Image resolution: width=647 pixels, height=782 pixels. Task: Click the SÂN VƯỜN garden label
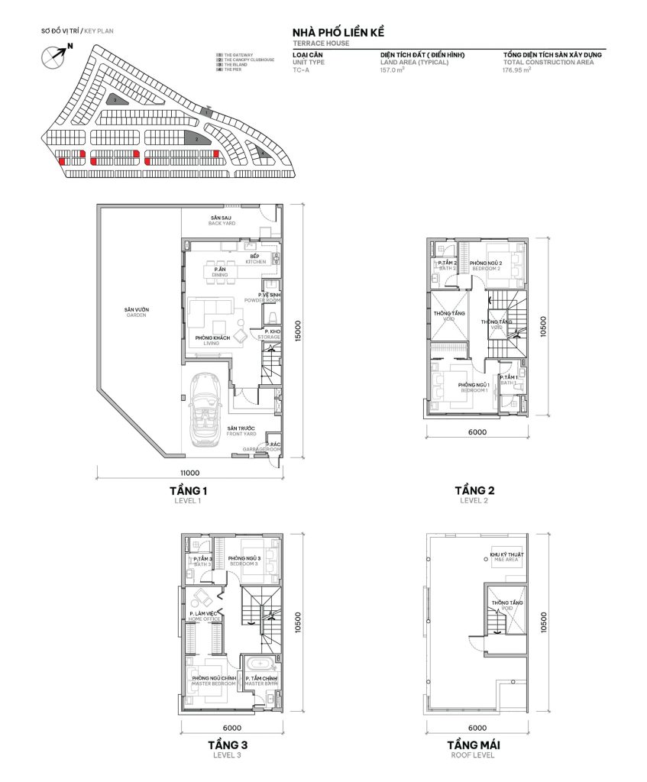pyautogui.click(x=137, y=312)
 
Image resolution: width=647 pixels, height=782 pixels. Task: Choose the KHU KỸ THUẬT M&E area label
pyautogui.click(x=503, y=557)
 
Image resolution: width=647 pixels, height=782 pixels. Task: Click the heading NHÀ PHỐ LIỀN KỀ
pyautogui.click(x=338, y=34)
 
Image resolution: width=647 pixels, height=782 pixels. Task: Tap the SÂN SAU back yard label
pyautogui.click(x=221, y=221)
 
